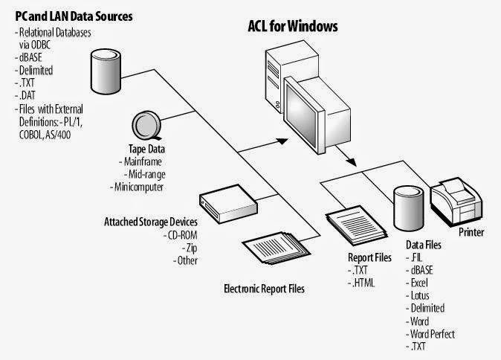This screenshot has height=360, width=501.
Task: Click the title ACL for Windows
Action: [x=293, y=26]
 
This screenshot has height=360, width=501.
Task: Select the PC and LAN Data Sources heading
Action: [x=74, y=16]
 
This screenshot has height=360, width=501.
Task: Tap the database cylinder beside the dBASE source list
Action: [x=106, y=71]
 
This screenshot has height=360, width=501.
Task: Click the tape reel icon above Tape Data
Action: [x=146, y=125]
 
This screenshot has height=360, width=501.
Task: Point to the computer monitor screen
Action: [x=301, y=116]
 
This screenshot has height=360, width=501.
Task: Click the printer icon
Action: [x=456, y=202]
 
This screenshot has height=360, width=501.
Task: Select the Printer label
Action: [x=471, y=232]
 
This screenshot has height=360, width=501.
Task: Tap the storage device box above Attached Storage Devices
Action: [x=228, y=204]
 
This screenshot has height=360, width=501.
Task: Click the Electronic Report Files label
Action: [x=264, y=289]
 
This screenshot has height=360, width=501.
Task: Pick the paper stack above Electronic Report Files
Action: [x=276, y=248]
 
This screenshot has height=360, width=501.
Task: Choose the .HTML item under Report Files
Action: [x=361, y=283]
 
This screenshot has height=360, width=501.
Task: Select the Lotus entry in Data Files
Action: [x=418, y=295]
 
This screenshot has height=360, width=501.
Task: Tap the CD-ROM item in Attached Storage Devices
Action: [x=180, y=235]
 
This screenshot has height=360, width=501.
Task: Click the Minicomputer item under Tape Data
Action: [x=137, y=187]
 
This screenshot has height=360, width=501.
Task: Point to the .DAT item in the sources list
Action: [x=25, y=95]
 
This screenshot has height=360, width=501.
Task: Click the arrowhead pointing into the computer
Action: [x=282, y=141]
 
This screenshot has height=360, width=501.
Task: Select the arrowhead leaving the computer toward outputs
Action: [x=352, y=161]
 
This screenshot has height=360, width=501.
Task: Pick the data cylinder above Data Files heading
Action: [x=409, y=208]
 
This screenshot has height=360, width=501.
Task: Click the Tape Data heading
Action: [x=147, y=149]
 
